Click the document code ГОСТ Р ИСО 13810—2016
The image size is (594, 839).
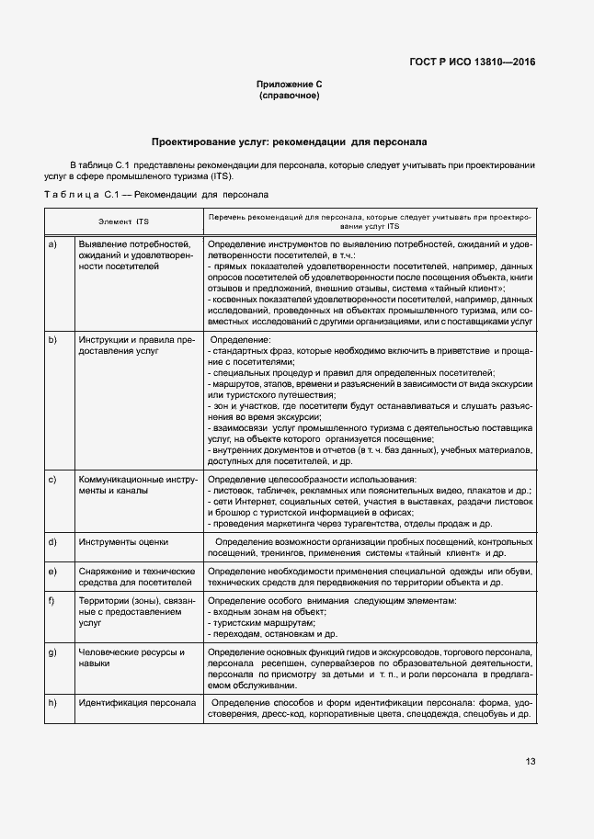[472, 62]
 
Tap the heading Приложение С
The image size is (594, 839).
[289, 85]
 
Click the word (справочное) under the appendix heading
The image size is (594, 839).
[289, 96]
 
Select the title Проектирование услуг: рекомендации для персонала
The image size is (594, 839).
[289, 142]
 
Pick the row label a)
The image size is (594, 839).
[52, 244]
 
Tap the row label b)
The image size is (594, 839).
[52, 339]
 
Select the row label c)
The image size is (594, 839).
[52, 480]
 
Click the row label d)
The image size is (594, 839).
[52, 542]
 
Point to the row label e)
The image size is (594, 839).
[52, 572]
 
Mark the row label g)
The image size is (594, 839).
[52, 652]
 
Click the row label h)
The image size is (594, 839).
[52, 703]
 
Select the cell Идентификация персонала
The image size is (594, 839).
[137, 703]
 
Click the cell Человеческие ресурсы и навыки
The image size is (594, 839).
[131, 657]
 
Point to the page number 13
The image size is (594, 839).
[531, 761]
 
